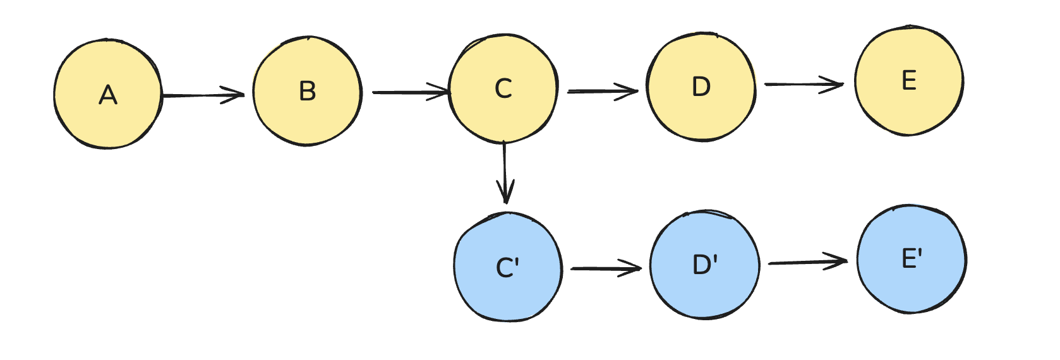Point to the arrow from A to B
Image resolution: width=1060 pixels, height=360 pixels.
(x=202, y=95)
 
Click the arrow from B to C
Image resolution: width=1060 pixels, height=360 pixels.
(x=411, y=92)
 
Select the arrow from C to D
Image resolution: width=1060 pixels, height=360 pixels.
(x=603, y=92)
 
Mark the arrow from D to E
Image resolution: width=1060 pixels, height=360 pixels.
(x=804, y=84)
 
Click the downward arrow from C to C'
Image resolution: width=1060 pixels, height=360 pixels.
(x=504, y=171)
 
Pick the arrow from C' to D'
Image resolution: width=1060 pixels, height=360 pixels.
(x=605, y=268)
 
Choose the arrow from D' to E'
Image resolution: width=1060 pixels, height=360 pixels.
(x=807, y=262)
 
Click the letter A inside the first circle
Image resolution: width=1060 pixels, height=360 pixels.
(x=108, y=95)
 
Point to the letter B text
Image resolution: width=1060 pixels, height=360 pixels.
(x=308, y=92)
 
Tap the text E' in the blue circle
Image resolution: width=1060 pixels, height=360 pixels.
(x=912, y=258)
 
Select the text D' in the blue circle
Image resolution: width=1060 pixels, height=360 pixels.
(x=705, y=265)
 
